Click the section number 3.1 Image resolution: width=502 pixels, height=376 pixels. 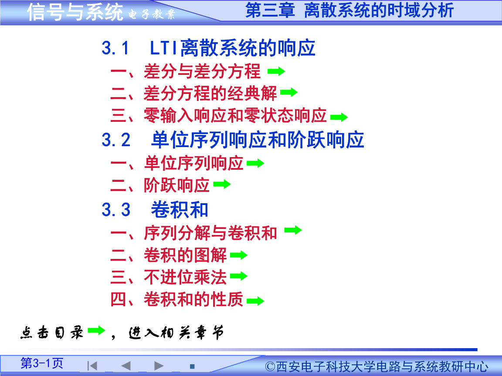pos(115,48)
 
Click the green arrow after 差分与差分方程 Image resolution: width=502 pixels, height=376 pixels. pos(276,71)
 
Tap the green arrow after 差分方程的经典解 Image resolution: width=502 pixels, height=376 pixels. pos(288,92)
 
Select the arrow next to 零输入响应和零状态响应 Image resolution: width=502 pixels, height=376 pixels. pos(339,117)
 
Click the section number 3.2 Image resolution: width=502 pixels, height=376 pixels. pos(116,140)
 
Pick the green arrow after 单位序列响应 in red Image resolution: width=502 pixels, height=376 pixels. pos(255,164)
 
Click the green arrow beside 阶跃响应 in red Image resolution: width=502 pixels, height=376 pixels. pos(222,185)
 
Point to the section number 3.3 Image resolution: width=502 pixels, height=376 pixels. pos(116,210)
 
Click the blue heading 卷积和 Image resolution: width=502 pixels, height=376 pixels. pos(180,210)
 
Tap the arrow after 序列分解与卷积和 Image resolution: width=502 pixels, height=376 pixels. pos(293,230)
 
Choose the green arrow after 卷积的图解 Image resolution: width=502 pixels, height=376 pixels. pos(238,255)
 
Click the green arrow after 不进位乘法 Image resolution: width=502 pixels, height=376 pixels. pos(238,276)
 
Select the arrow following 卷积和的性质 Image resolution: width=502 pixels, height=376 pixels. pos(255,301)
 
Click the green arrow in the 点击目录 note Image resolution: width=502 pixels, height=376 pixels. pos(96,331)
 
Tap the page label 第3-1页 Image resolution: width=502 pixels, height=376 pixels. pos(42,363)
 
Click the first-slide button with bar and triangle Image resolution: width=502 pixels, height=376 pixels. pos(92,366)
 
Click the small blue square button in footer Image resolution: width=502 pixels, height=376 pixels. pos(192,366)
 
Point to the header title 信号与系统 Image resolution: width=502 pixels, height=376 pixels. pos(75,12)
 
